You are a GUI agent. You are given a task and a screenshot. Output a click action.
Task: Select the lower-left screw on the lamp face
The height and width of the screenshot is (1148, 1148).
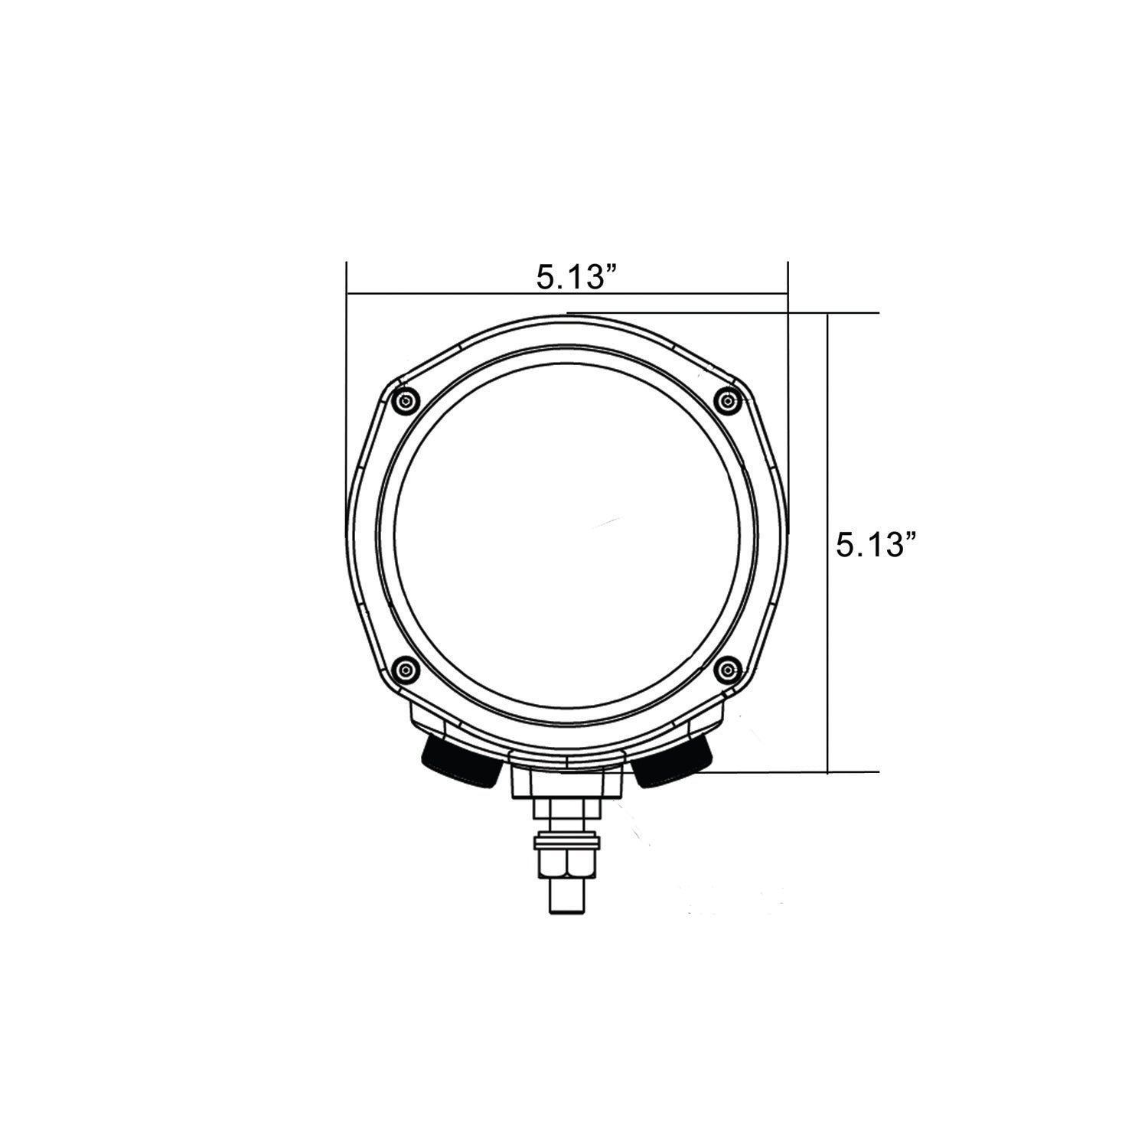(x=404, y=670)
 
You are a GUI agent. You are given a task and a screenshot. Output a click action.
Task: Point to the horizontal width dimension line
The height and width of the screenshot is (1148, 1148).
(x=459, y=292)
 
